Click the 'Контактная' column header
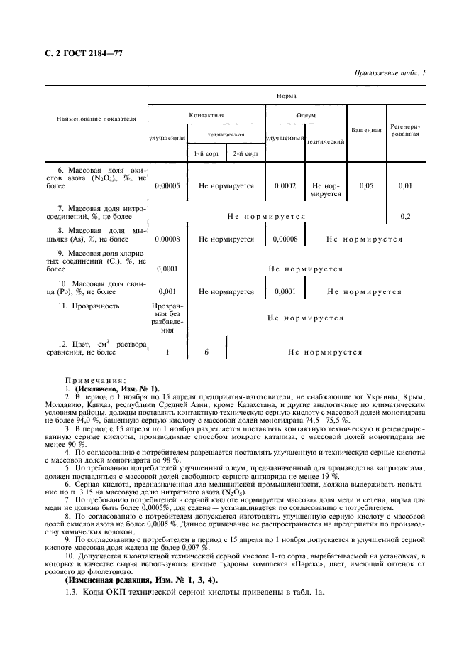pos(206,115)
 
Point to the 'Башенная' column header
pos(366,130)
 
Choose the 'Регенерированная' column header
pos(406,130)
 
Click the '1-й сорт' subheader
pos(207,153)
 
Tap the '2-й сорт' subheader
pos(245,153)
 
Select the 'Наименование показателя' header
pos(96,119)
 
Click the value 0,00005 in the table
pos(167,185)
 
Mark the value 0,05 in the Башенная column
pos(366,185)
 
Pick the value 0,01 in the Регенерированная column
pos(406,185)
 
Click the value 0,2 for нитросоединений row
pos(406,215)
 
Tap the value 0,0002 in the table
pos(285,185)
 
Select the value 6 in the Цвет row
pos(206,352)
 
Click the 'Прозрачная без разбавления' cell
pos(167,318)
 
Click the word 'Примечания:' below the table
pos(95,380)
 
